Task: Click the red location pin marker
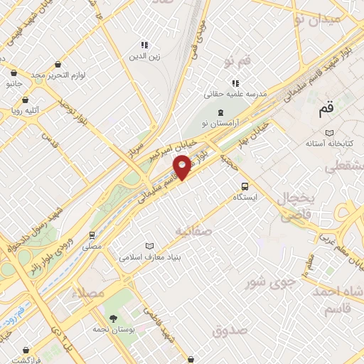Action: pyautogui.click(x=182, y=166)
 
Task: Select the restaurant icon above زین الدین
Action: pyautogui.click(x=144, y=44)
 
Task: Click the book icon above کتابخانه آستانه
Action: pyautogui.click(x=328, y=133)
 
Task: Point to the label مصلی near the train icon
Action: pyautogui.click(x=92, y=246)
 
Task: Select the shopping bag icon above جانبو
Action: pyautogui.click(x=14, y=72)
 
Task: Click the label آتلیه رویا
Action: pyautogui.click(x=23, y=109)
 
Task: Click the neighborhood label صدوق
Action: pyautogui.click(x=229, y=330)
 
